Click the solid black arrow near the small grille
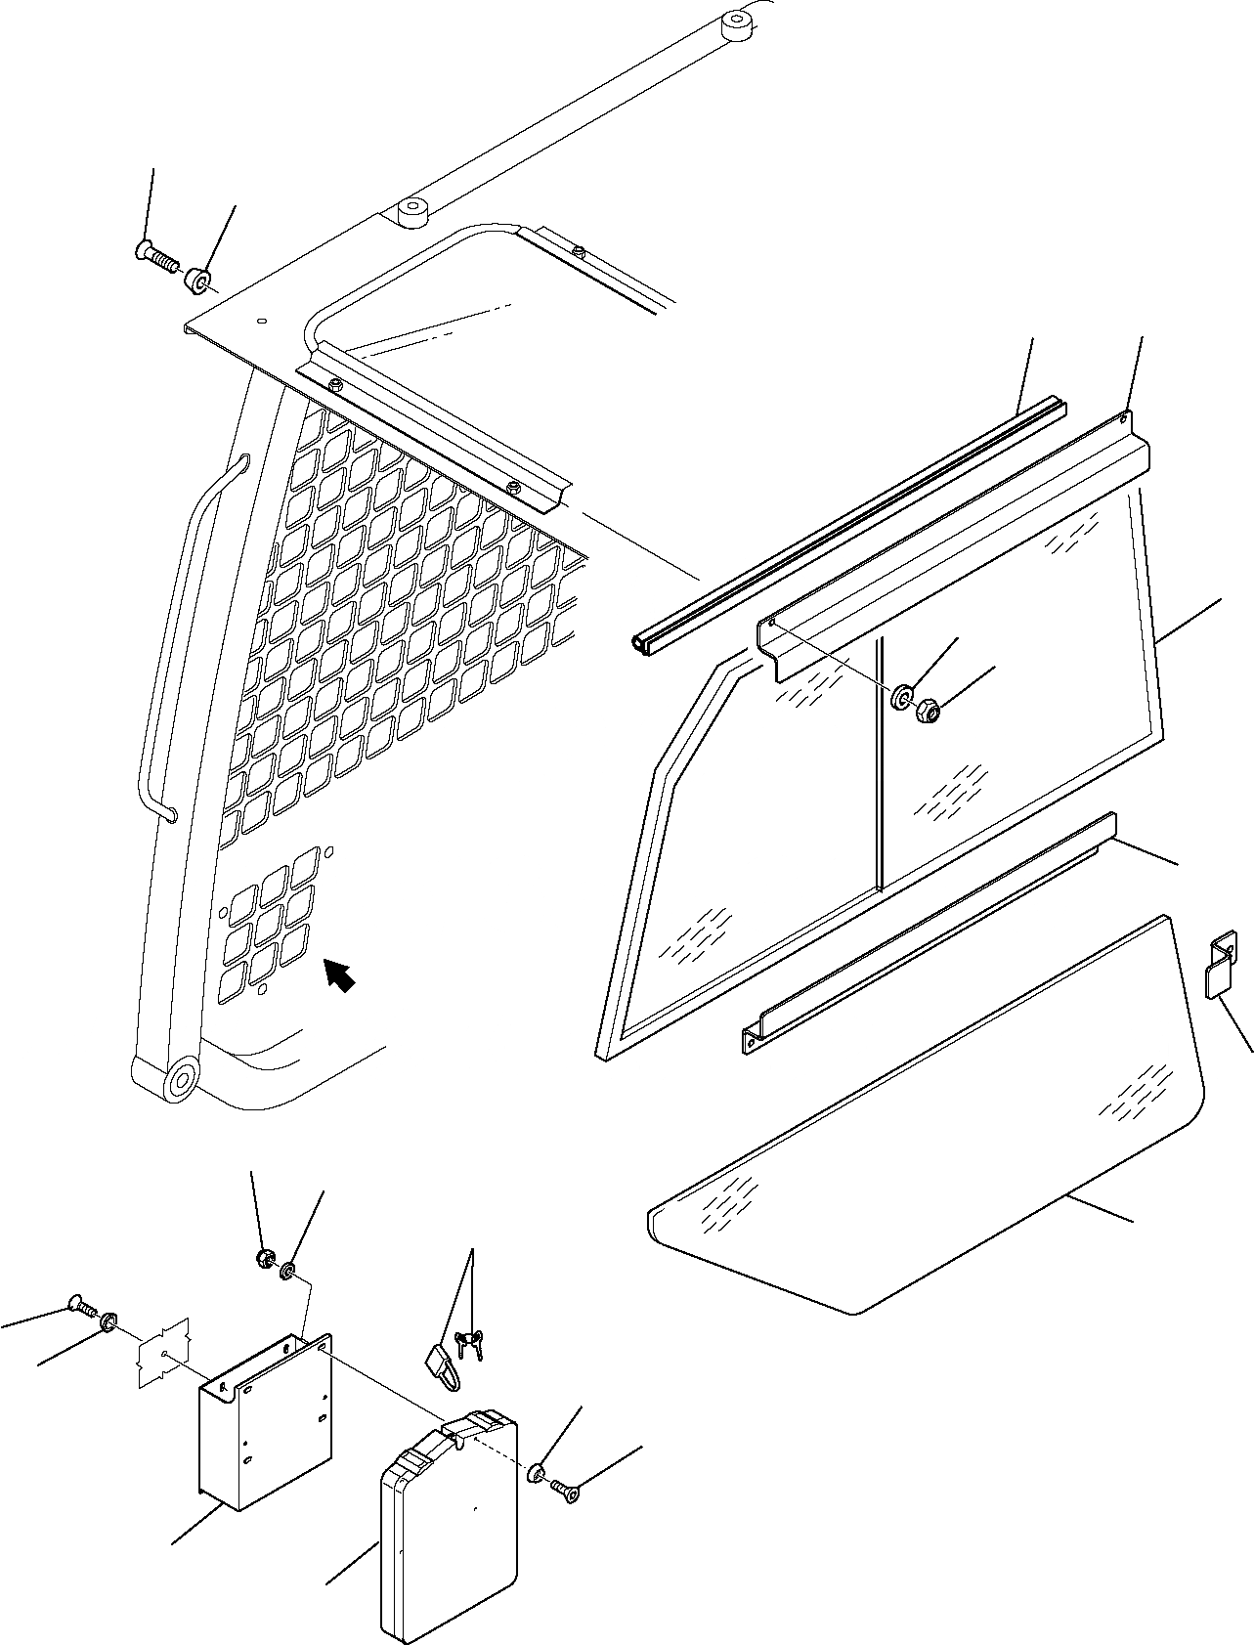tap(339, 974)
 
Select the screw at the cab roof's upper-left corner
tap(156, 256)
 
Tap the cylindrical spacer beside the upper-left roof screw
tap(198, 281)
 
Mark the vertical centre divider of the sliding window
tap(880, 762)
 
